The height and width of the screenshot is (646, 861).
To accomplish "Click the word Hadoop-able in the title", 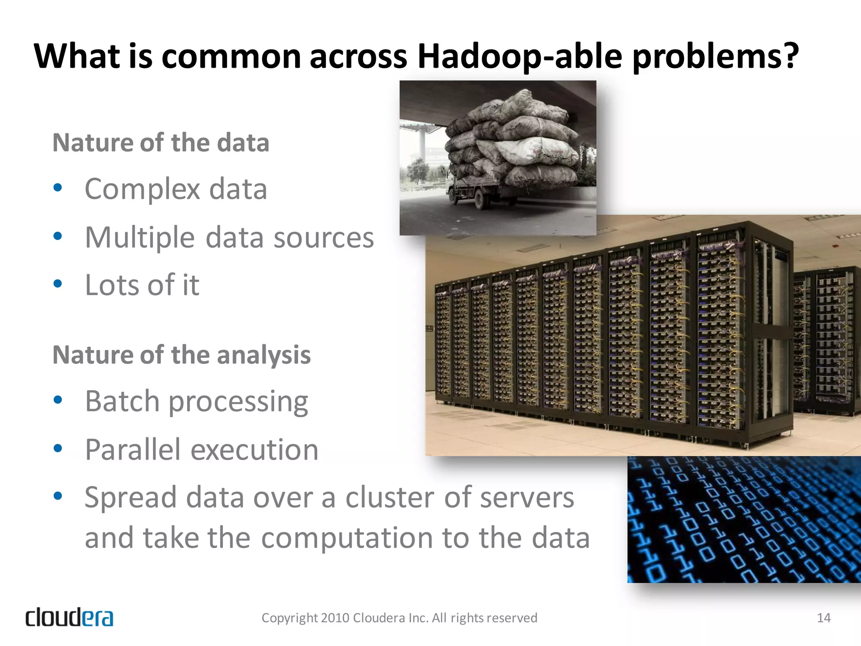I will (520, 57).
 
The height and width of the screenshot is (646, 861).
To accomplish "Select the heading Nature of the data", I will (161, 143).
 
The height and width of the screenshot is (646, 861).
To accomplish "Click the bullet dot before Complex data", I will (58, 187).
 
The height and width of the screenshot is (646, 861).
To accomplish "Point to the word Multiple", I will (140, 238).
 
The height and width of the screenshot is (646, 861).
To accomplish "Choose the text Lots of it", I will (142, 286).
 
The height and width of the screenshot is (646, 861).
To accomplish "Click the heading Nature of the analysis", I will (181, 355).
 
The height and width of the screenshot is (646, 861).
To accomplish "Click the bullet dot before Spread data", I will (58, 496).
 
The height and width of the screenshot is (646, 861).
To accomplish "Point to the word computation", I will (346, 538).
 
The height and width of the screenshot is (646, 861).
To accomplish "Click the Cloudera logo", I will (69, 617).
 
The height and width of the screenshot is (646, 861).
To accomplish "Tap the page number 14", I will (823, 618).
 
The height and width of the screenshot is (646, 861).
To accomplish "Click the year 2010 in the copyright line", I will (335, 618).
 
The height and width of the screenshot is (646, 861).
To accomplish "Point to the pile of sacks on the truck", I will (513, 139).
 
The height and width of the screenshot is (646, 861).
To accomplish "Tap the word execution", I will (254, 450).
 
